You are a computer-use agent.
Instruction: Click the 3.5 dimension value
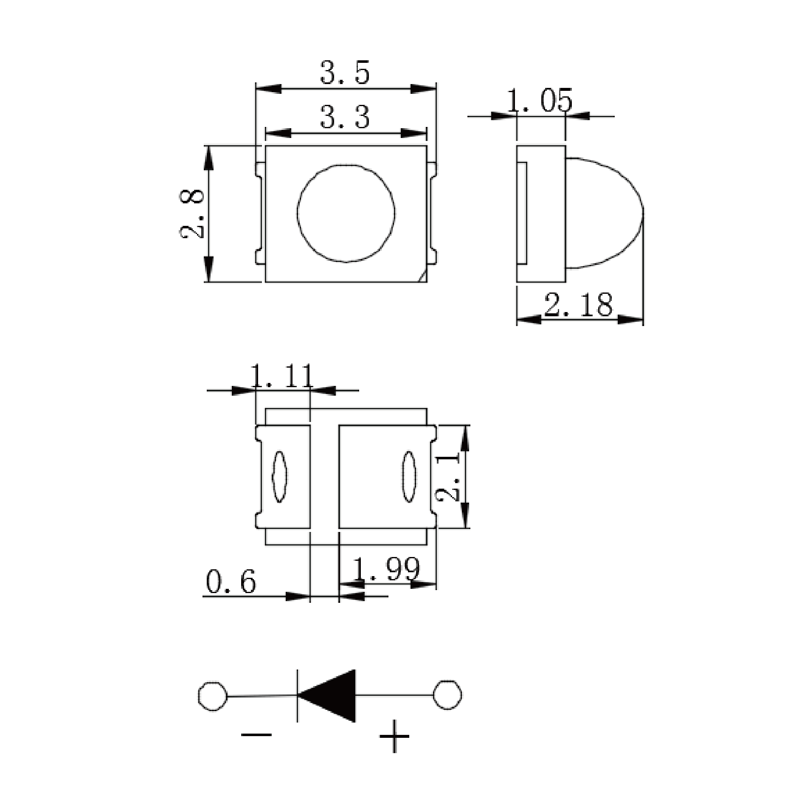click(345, 73)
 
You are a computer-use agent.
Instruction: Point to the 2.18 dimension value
click(578, 304)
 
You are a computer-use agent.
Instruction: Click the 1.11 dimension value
click(282, 377)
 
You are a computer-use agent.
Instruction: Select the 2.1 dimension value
click(449, 476)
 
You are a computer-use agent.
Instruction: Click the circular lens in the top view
click(346, 213)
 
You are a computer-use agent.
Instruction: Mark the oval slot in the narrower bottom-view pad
click(279, 476)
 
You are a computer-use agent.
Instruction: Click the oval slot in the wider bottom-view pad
click(409, 476)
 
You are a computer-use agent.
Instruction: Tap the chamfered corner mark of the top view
click(423, 277)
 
